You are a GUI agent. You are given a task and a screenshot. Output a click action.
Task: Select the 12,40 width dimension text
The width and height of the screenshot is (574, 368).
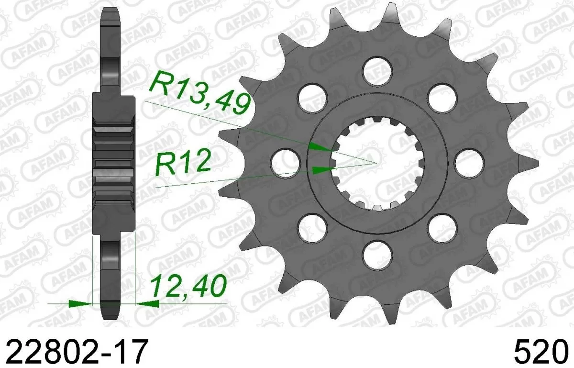pos(188,287)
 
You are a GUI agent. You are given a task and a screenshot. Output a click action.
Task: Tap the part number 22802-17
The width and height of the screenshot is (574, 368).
pos(74,352)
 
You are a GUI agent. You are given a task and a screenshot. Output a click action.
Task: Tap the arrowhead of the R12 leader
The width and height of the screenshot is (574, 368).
pos(321,169)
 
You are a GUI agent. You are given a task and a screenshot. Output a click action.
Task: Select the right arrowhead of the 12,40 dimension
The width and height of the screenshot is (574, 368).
pos(147,303)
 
